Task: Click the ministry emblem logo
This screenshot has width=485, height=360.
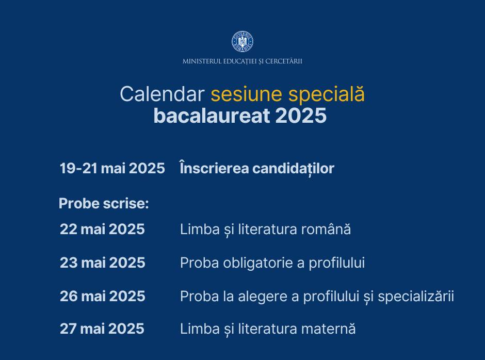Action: tap(242, 42)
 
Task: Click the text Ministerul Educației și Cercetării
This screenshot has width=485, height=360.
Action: tap(242, 61)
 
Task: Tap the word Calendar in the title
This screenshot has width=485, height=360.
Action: tap(162, 94)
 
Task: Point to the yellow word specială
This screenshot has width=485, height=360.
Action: tap(326, 95)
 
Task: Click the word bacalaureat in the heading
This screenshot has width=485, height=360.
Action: tap(212, 116)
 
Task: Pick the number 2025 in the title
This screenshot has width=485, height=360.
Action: tap(301, 116)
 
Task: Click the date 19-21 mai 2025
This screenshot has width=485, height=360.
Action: tap(112, 168)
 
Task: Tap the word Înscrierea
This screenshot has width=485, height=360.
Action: tap(214, 168)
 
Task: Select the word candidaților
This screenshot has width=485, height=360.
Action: tap(293, 169)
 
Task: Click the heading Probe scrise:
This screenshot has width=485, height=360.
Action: tap(104, 203)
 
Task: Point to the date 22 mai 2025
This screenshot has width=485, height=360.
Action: tap(102, 229)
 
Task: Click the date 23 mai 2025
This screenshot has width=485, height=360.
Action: tap(103, 263)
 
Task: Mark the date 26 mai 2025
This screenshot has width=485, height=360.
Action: tap(103, 296)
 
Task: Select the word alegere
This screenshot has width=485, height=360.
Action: tap(262, 297)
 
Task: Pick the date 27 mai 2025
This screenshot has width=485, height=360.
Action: tap(102, 329)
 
